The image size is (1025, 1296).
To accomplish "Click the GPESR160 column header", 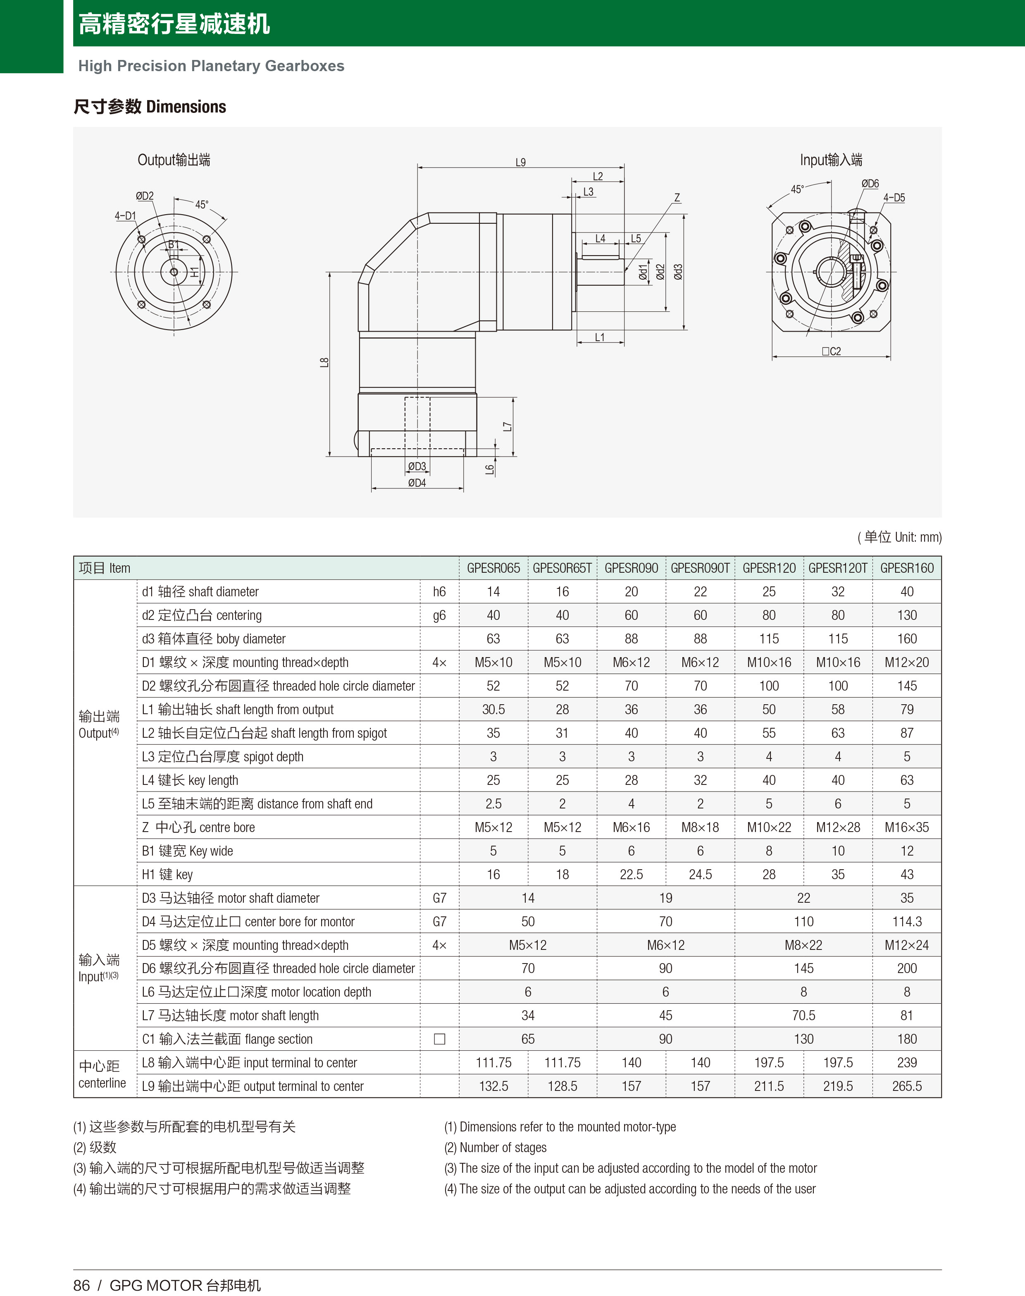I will coord(906,568).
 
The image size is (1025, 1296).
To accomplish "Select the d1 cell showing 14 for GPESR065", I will coord(493,592).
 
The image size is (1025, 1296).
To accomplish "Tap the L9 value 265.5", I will coord(906,1086).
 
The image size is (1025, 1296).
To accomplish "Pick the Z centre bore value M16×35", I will coord(906,827).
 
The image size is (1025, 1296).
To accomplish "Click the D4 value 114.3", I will coord(906,921).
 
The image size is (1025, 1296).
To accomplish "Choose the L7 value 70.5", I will coord(803,1016).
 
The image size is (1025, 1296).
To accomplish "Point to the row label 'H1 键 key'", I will coord(167,875).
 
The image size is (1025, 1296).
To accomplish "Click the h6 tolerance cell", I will coord(439,592).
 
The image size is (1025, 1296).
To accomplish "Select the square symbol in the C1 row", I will coord(439,1039).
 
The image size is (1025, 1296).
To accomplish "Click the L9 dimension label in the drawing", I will coord(520,162).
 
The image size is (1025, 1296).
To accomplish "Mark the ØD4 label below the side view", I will coord(417,483).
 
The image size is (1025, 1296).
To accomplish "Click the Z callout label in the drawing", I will coord(677,198).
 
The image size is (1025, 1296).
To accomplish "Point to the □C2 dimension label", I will coord(831,351).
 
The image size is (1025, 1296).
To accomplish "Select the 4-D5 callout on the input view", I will coord(894,198).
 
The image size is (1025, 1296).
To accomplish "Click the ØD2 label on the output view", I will coord(145,196).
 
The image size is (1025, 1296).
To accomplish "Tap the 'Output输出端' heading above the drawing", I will coord(174,160).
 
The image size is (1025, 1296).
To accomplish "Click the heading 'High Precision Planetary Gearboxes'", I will coord(211,66).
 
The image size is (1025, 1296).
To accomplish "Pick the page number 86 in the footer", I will coord(81,1285).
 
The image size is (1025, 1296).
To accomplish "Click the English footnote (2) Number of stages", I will coord(495,1147).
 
